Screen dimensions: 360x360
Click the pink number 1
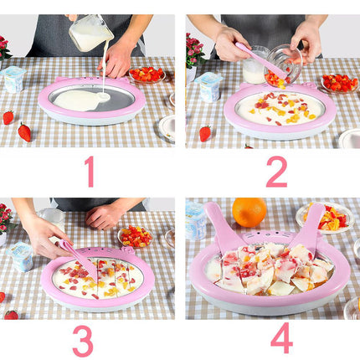(90, 172)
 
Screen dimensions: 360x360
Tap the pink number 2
(277, 172)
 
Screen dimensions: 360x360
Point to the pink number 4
(282, 338)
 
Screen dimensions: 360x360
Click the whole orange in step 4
(249, 212)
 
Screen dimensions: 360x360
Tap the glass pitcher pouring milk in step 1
(90, 33)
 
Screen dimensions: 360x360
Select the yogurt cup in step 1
(13, 80)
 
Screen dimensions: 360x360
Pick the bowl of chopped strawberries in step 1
(147, 75)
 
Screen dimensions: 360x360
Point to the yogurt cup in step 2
(208, 87)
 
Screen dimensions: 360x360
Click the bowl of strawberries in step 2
(339, 83)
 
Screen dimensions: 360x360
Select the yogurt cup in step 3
(21, 257)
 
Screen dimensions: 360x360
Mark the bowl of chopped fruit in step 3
(136, 237)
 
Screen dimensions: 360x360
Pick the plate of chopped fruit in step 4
(325, 218)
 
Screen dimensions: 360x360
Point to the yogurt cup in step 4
(196, 221)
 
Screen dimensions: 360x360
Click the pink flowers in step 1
(5, 48)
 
